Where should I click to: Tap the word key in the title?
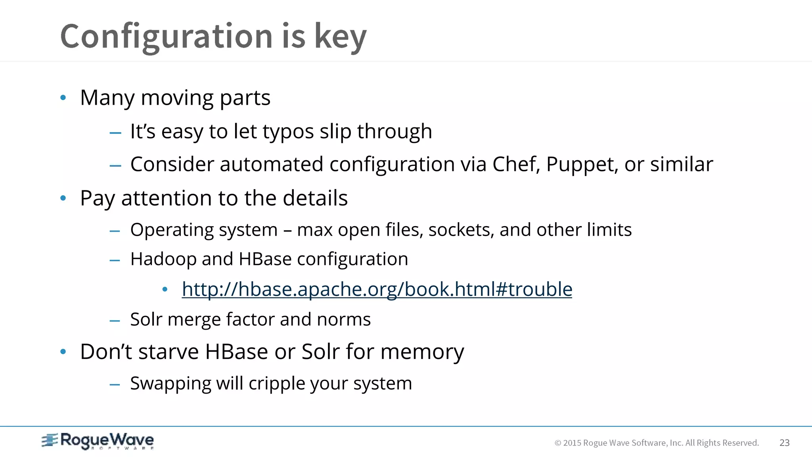pos(340,36)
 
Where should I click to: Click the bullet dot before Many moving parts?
pos(63,98)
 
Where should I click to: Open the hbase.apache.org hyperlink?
pos(377,289)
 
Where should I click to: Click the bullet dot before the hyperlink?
pos(165,290)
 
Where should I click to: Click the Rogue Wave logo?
pos(98,441)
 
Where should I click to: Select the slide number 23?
pos(784,443)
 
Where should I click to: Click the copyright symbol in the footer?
pos(558,443)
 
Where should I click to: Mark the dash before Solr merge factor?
pos(115,321)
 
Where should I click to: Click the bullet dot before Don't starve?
pos(63,351)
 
